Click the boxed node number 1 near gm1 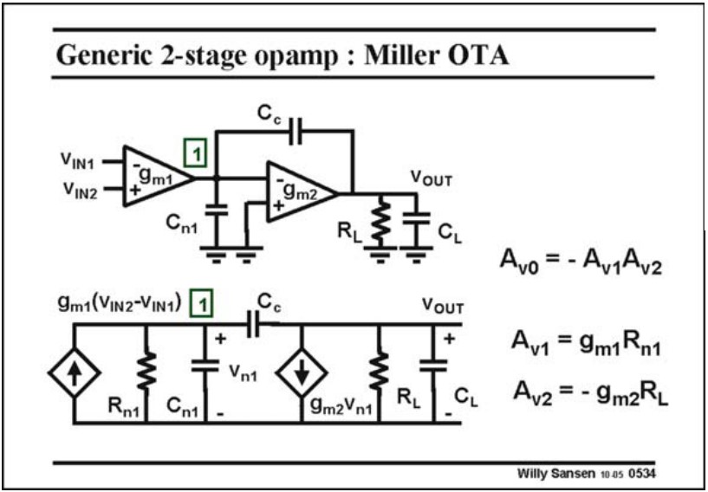pyautogui.click(x=197, y=154)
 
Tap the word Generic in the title pyautogui.click(x=96, y=55)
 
